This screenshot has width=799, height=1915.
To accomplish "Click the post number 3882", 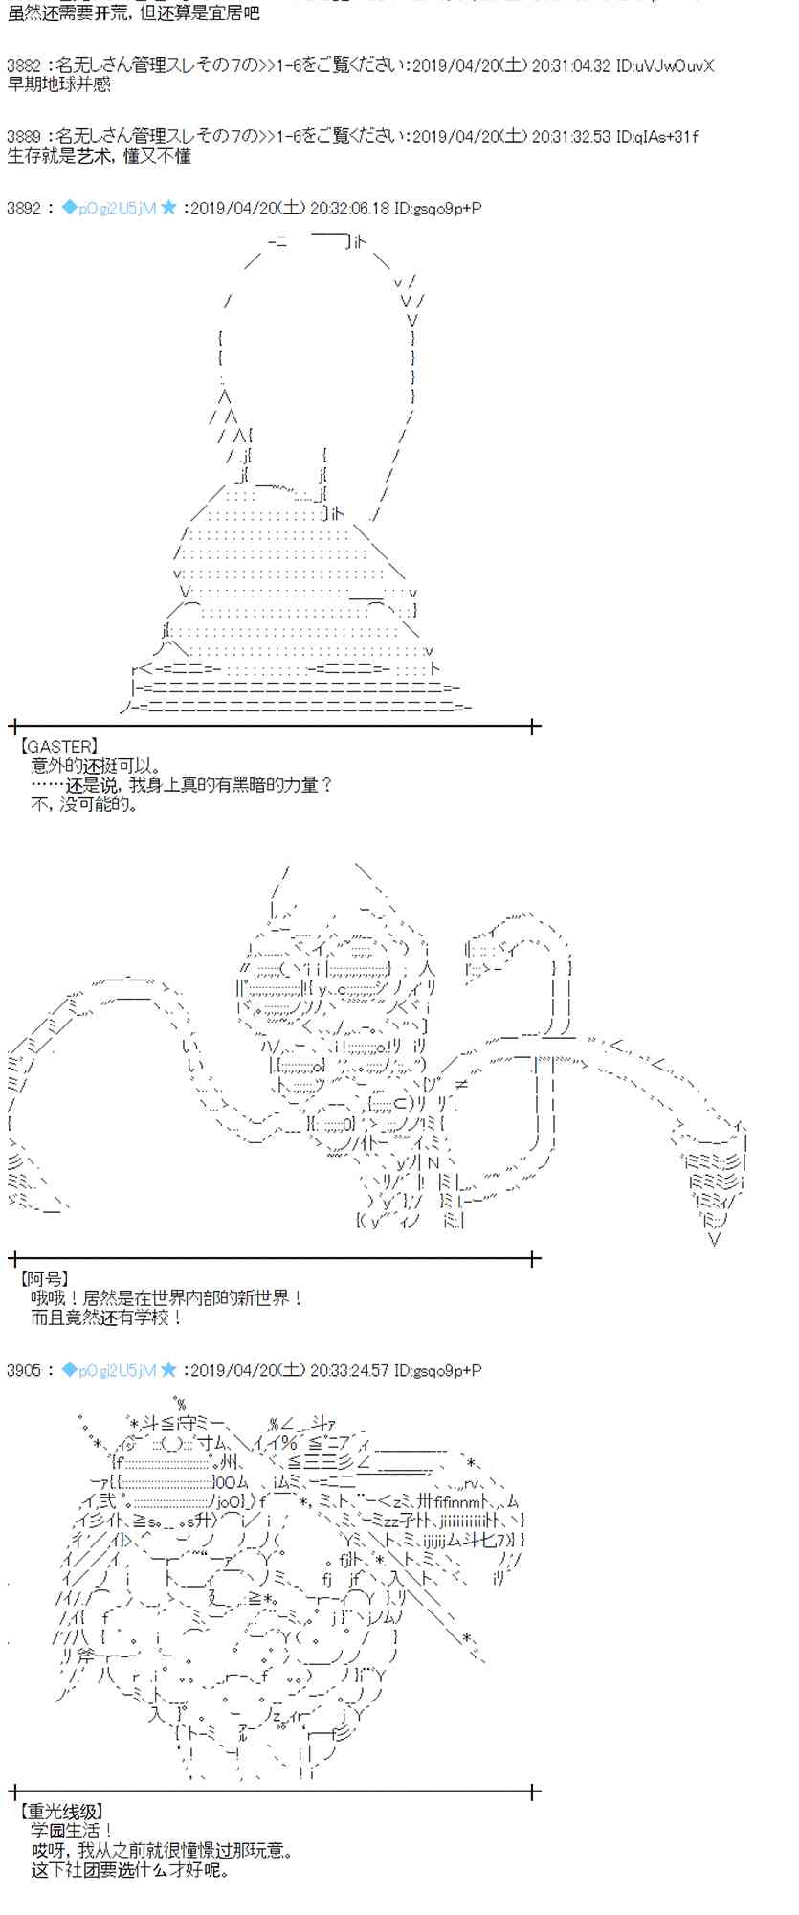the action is coord(23,66).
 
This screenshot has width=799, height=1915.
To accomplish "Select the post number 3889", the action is coord(23,137).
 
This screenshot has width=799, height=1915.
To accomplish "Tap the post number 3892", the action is coord(23,208).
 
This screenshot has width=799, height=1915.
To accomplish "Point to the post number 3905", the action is coord(23,1370).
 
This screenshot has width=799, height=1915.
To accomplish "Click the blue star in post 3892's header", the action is coord(168,208).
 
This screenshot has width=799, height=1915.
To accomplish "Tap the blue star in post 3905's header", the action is coord(168,1370).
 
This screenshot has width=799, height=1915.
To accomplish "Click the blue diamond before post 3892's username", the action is coord(68,208).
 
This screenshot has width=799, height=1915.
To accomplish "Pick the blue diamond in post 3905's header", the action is coord(68,1370).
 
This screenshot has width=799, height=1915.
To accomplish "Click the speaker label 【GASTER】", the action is coord(58,747).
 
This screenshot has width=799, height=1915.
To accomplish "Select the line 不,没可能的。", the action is coord(86,804).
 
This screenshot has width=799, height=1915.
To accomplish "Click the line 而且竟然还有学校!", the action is coord(106,1318).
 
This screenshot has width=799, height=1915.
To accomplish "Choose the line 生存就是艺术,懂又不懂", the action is coord(100,155).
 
